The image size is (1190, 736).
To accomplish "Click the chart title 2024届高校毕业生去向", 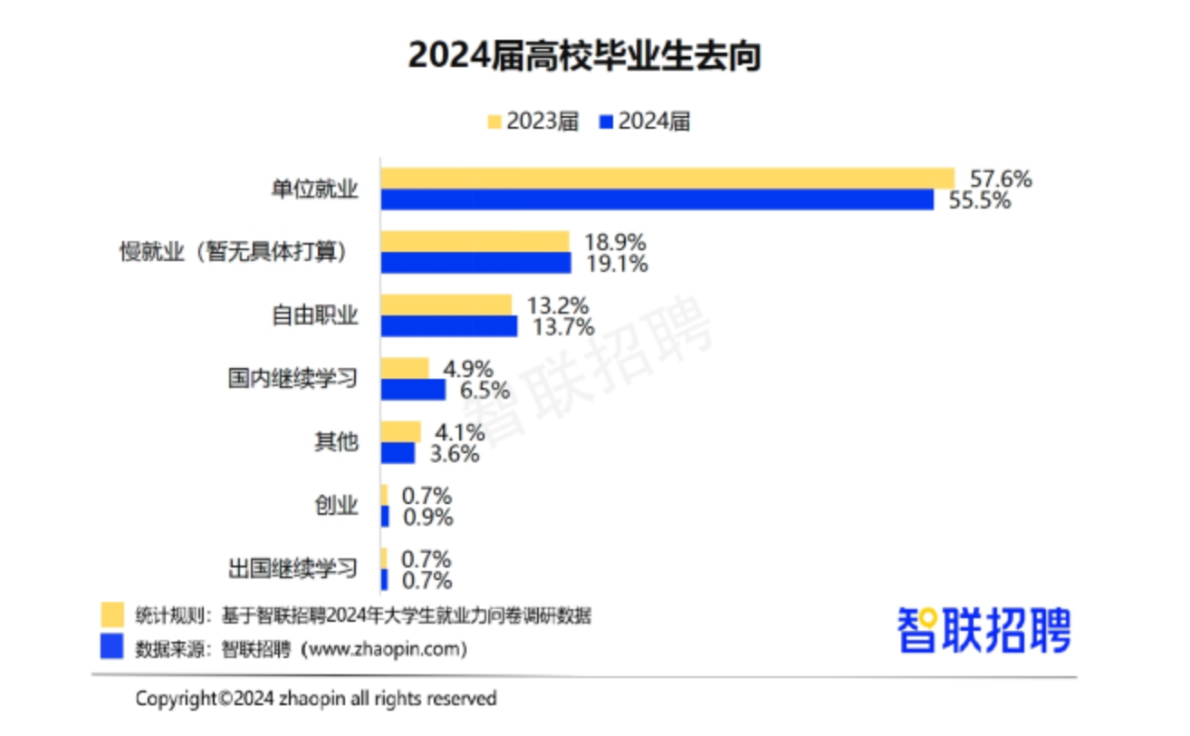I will [584, 56].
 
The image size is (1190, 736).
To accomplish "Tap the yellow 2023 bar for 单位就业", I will [667, 178].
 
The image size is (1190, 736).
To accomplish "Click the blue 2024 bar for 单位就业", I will [657, 199].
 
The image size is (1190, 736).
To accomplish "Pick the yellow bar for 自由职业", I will [446, 305].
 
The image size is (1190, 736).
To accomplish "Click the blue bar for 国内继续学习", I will [413, 390].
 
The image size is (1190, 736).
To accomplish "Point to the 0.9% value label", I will [427, 518].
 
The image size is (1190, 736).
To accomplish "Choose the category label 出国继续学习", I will [293, 569].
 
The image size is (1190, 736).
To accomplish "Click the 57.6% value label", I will [1000, 179].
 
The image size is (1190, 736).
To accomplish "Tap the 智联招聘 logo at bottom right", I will [984, 629].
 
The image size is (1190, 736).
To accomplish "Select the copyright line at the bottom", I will [316, 699].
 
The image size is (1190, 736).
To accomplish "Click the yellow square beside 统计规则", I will [112, 615].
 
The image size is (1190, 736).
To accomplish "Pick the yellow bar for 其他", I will [400, 431].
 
